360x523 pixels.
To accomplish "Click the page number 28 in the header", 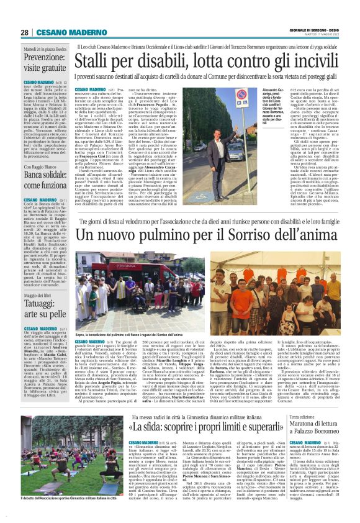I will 25,32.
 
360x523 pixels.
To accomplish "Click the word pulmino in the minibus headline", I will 164,217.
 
